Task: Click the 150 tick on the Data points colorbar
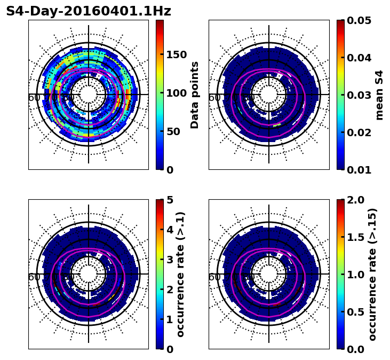point(177,54)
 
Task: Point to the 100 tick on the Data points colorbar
point(177,93)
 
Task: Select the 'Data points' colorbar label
point(195,95)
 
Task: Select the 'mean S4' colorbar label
point(380,95)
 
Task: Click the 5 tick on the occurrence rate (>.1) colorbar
point(170,200)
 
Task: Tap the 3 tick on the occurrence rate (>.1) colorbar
point(170,260)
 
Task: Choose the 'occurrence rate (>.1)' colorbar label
point(181,274)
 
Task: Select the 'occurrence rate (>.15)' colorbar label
point(372,274)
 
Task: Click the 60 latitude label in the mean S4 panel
point(214,97)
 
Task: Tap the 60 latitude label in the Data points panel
point(34,97)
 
